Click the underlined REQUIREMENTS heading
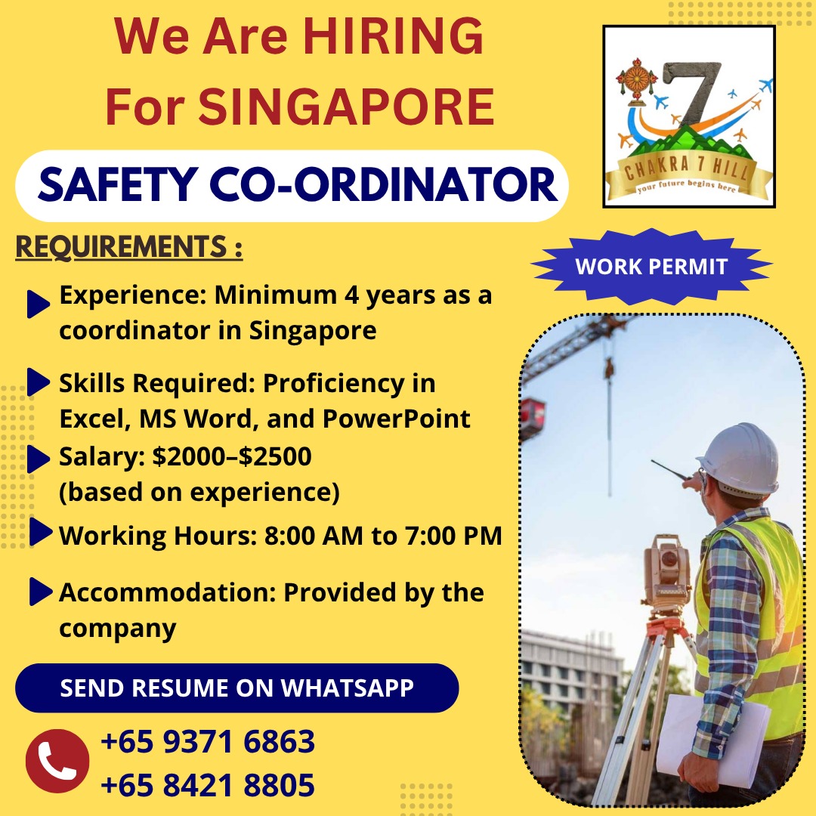(x=128, y=248)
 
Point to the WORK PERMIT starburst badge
(x=651, y=266)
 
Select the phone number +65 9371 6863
(x=208, y=742)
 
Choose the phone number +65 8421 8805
(x=208, y=786)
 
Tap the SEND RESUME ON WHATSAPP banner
(x=236, y=688)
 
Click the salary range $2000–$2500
(x=232, y=457)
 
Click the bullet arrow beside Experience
(x=38, y=304)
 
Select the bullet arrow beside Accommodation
(x=39, y=592)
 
